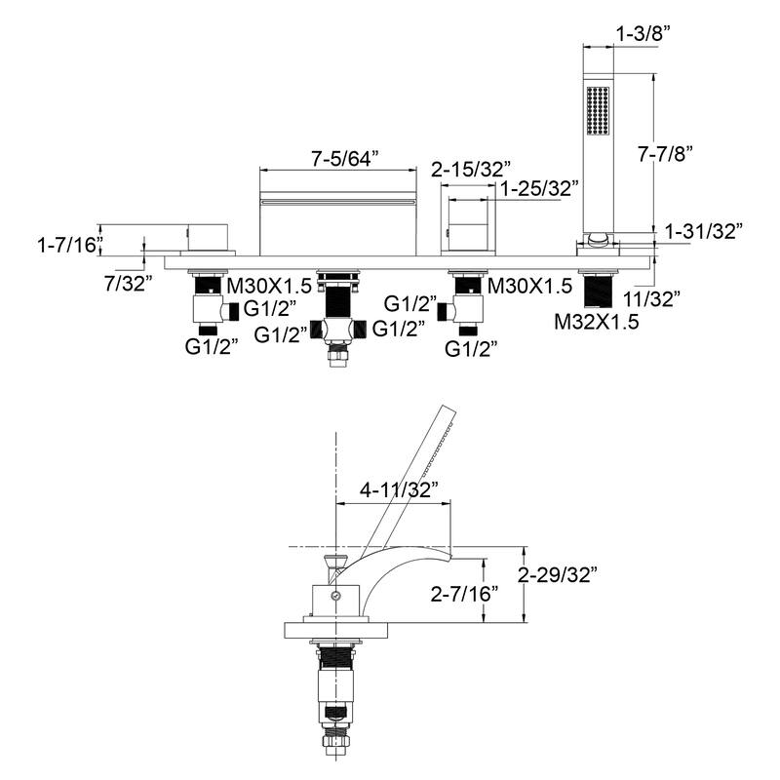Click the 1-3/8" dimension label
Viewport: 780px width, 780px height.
click(643, 33)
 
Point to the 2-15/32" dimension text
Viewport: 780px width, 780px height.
click(471, 168)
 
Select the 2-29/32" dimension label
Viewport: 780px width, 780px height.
click(560, 574)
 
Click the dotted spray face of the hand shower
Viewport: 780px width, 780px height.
click(596, 110)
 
